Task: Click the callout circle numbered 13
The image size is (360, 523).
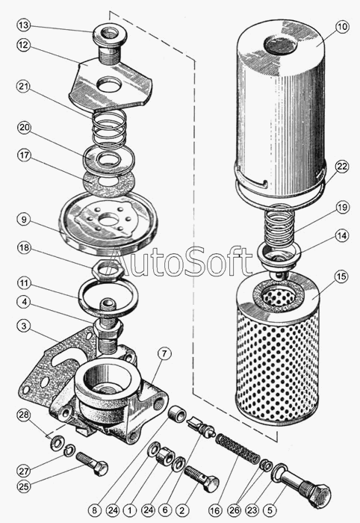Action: point(24,25)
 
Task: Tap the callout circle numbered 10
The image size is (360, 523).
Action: point(342,27)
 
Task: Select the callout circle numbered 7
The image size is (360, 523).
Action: point(164,355)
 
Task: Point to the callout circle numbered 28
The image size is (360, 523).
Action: point(24,415)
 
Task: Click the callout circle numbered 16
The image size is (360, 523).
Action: point(215,510)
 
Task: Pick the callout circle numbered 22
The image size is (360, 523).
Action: point(342,167)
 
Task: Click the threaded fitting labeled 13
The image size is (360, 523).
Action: point(108,42)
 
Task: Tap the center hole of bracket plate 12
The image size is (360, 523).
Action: point(108,84)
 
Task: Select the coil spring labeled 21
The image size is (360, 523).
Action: point(109,129)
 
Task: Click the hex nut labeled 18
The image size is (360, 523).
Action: point(108,267)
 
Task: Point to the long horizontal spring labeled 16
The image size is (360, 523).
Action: point(238,448)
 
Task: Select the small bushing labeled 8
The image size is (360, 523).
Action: point(177,415)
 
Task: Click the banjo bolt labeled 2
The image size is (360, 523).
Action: point(202,479)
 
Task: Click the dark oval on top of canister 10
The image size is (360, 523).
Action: point(279,45)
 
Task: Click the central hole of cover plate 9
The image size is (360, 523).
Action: point(108,221)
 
